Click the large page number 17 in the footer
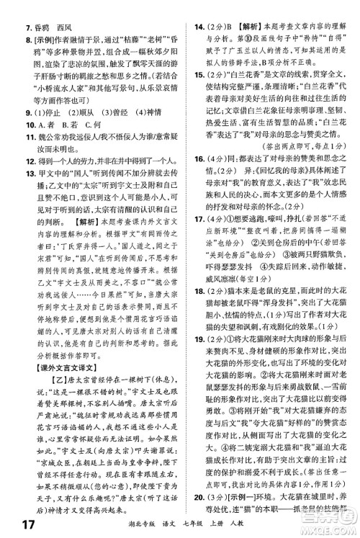pyautogui.click(x=14, y=524)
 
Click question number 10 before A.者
pyautogui.click(x=9, y=125)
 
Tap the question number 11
pyautogui.click(x=9, y=138)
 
